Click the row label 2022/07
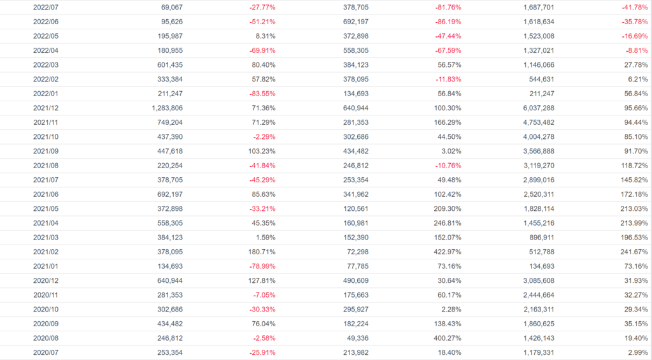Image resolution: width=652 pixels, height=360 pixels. pyautogui.click(x=46, y=7)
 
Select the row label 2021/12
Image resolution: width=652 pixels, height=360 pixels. pyautogui.click(x=46, y=108)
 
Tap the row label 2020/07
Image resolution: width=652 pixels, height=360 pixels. pyautogui.click(x=46, y=352)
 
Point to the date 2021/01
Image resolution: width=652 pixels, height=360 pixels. pyautogui.click(x=46, y=266)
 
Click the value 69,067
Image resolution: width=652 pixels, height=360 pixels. pyautogui.click(x=169, y=7)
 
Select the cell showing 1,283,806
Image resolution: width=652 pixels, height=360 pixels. pyautogui.click(x=164, y=108)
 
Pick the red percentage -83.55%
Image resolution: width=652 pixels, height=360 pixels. pyautogui.click(x=262, y=94)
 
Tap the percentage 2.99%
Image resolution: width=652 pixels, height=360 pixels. pyautogui.click(x=637, y=352)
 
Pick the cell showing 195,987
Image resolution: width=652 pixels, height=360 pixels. pyautogui.click(x=167, y=36)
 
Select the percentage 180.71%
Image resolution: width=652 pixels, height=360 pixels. pyautogui.click(x=262, y=252)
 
